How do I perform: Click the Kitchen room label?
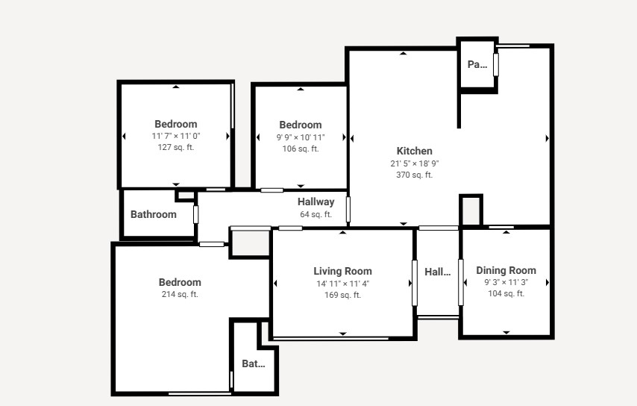click(x=415, y=152)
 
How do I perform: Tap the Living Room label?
click(x=343, y=272)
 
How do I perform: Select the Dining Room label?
click(x=506, y=271)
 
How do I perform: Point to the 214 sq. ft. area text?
click(x=180, y=294)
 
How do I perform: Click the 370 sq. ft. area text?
click(x=415, y=175)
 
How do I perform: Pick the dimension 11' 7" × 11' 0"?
click(x=176, y=136)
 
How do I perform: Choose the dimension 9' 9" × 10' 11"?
click(x=301, y=137)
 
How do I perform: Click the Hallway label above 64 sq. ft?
click(x=316, y=202)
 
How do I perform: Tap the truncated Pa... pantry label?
click(x=477, y=65)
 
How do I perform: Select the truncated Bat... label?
click(x=254, y=363)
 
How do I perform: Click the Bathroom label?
click(x=154, y=215)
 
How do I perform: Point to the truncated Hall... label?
click(x=438, y=272)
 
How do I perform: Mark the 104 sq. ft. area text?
click(x=506, y=293)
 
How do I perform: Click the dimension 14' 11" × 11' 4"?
click(x=343, y=284)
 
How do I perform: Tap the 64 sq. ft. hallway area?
click(x=316, y=214)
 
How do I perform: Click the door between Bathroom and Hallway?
click(x=196, y=215)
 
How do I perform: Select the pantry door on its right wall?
click(x=495, y=65)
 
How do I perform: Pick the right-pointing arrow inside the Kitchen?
click(x=547, y=139)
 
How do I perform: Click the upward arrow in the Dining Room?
click(x=506, y=232)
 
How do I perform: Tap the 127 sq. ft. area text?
click(x=176, y=147)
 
